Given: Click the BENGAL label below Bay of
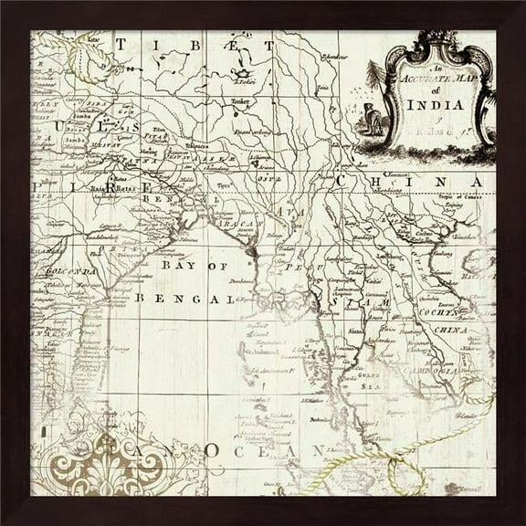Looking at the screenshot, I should (184, 298).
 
